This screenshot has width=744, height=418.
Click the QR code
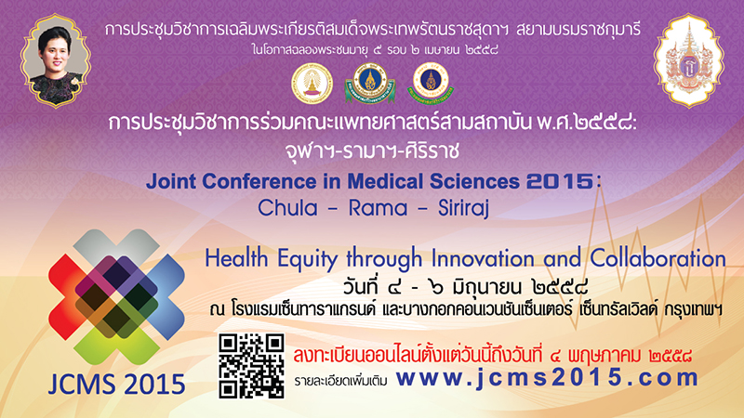pyautogui.click(x=251, y=365)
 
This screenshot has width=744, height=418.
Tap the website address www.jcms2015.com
pyautogui.click(x=547, y=378)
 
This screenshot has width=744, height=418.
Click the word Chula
pyautogui.click(x=287, y=208)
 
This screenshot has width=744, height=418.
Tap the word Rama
pyautogui.click(x=379, y=208)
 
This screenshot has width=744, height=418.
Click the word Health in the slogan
pyautogui.click(x=236, y=259)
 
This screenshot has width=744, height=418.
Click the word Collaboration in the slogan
pyautogui.click(x=658, y=259)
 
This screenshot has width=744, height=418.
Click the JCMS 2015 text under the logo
pyautogui.click(x=117, y=384)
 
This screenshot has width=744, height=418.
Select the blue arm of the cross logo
pyautogui.click(x=164, y=297)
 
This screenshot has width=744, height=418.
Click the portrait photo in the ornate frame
pyautogui.click(x=56, y=61)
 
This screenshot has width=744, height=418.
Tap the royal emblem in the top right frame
pyautogui.click(x=688, y=61)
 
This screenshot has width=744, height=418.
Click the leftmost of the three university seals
pyautogui.click(x=312, y=84)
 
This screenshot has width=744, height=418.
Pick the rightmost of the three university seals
pyautogui.click(x=430, y=83)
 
